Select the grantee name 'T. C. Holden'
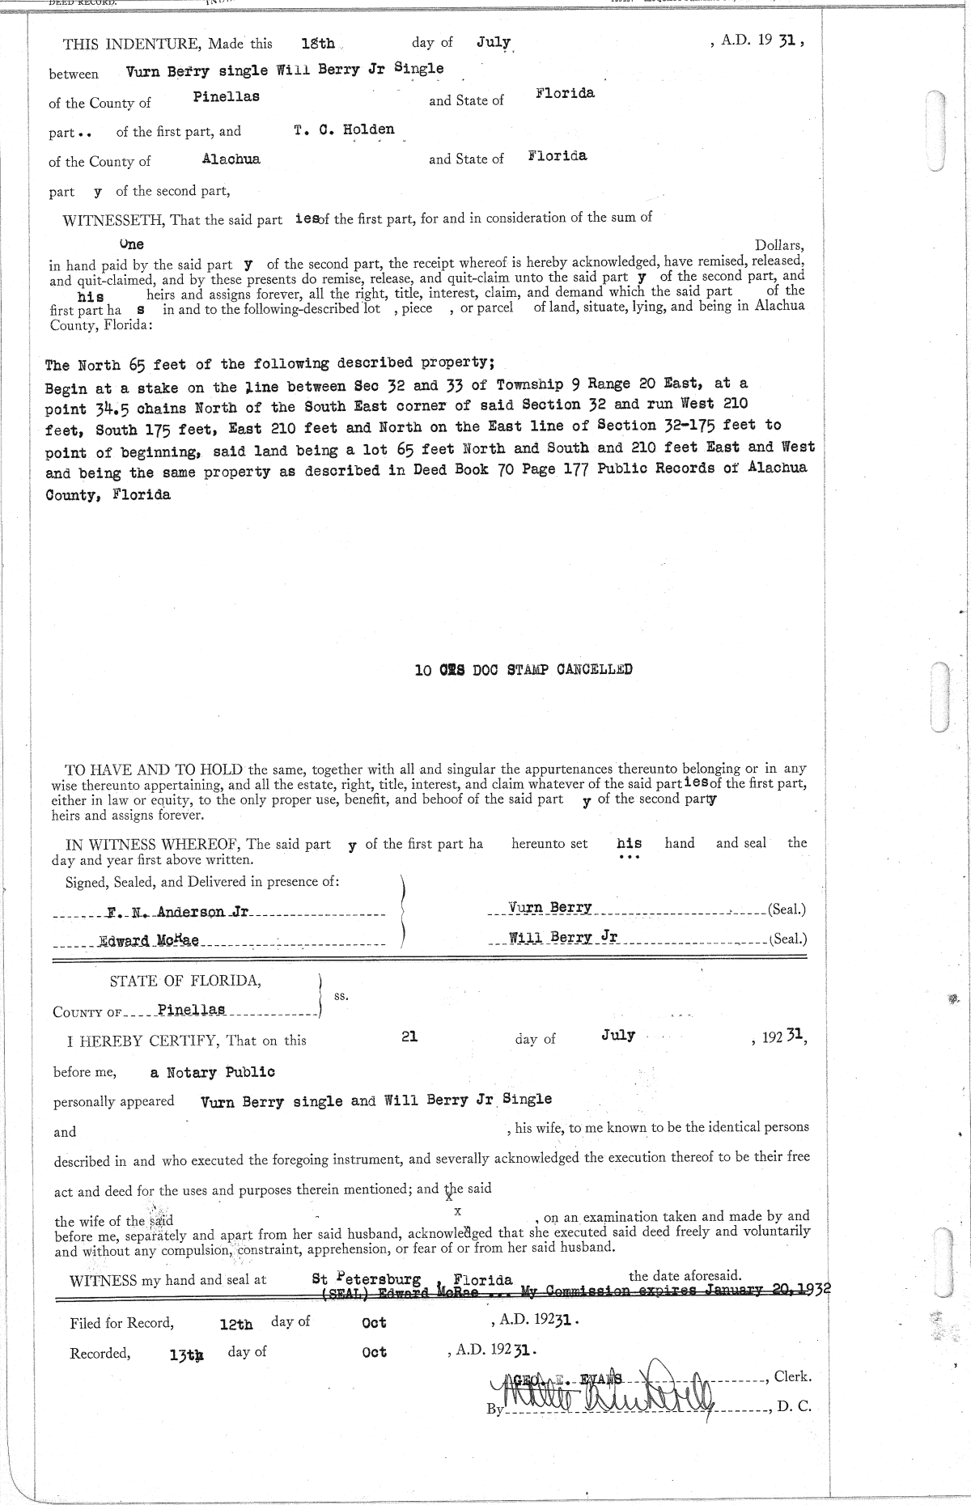tap(344, 129)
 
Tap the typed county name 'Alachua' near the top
tap(231, 159)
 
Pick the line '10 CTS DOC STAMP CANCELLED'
tap(523, 669)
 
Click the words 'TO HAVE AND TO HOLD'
tap(155, 769)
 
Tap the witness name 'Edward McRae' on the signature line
tap(149, 941)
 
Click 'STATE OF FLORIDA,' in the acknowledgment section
tap(185, 981)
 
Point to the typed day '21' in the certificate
tap(409, 1036)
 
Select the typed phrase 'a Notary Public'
tap(212, 1072)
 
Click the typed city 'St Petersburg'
tap(367, 1279)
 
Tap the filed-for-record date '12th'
tap(236, 1325)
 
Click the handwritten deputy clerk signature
tap(599, 1394)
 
